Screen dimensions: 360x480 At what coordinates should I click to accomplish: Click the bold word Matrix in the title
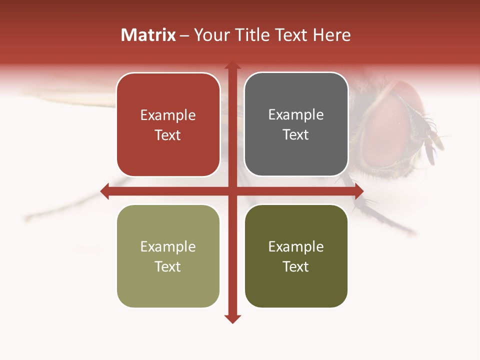tap(148, 35)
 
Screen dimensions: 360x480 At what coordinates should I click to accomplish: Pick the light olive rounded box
tap(168, 287)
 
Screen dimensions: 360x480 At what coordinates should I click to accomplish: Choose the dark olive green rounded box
tap(296, 287)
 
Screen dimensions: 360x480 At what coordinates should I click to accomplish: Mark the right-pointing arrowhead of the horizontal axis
tap(358, 191)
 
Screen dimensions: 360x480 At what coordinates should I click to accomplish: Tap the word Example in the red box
tap(168, 115)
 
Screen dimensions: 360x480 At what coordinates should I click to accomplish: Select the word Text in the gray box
tap(295, 134)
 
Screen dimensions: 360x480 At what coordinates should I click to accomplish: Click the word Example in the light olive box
tap(168, 246)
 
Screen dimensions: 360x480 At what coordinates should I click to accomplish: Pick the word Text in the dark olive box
tap(295, 266)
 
